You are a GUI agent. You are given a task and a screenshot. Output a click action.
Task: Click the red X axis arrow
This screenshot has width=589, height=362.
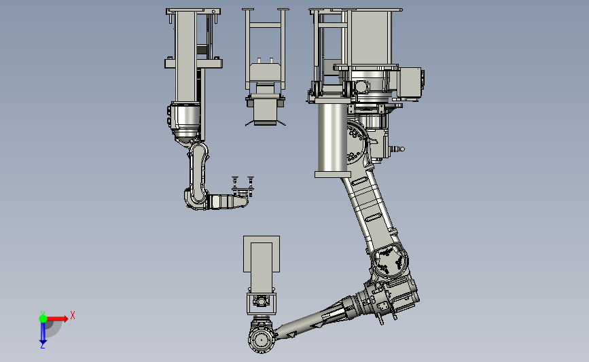point(57,319)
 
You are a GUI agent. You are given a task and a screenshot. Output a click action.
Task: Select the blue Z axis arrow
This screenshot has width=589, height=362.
point(43,333)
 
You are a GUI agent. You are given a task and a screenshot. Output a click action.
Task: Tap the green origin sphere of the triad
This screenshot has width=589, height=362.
point(43,319)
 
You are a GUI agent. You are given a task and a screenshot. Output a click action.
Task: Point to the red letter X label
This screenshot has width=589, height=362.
point(73,315)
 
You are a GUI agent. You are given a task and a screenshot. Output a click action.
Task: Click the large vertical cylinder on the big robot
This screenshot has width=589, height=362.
point(332,137)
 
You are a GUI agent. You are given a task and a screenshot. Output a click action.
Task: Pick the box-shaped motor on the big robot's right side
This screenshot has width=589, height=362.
point(410,84)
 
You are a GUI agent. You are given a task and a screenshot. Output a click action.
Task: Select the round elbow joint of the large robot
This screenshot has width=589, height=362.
point(389,260)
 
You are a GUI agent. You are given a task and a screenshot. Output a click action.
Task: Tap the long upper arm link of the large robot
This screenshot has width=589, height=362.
point(372,211)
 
